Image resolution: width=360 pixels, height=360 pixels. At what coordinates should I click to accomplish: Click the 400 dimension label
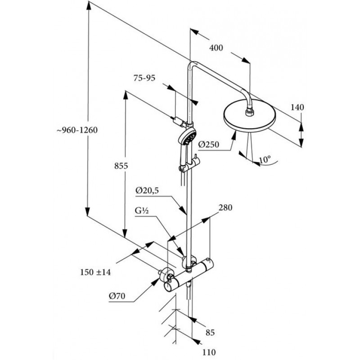point(216,49)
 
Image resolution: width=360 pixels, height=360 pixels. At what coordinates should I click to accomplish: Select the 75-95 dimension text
point(144,78)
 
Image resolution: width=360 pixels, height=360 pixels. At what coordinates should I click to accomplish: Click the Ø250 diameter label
point(208,144)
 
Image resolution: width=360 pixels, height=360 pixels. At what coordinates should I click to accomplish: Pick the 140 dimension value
point(297,107)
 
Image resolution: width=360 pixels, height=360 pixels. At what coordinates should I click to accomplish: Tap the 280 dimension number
point(225,208)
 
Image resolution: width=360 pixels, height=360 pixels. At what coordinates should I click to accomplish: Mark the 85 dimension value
point(210,333)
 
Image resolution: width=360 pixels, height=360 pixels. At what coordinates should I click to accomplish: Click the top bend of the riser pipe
point(191,64)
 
